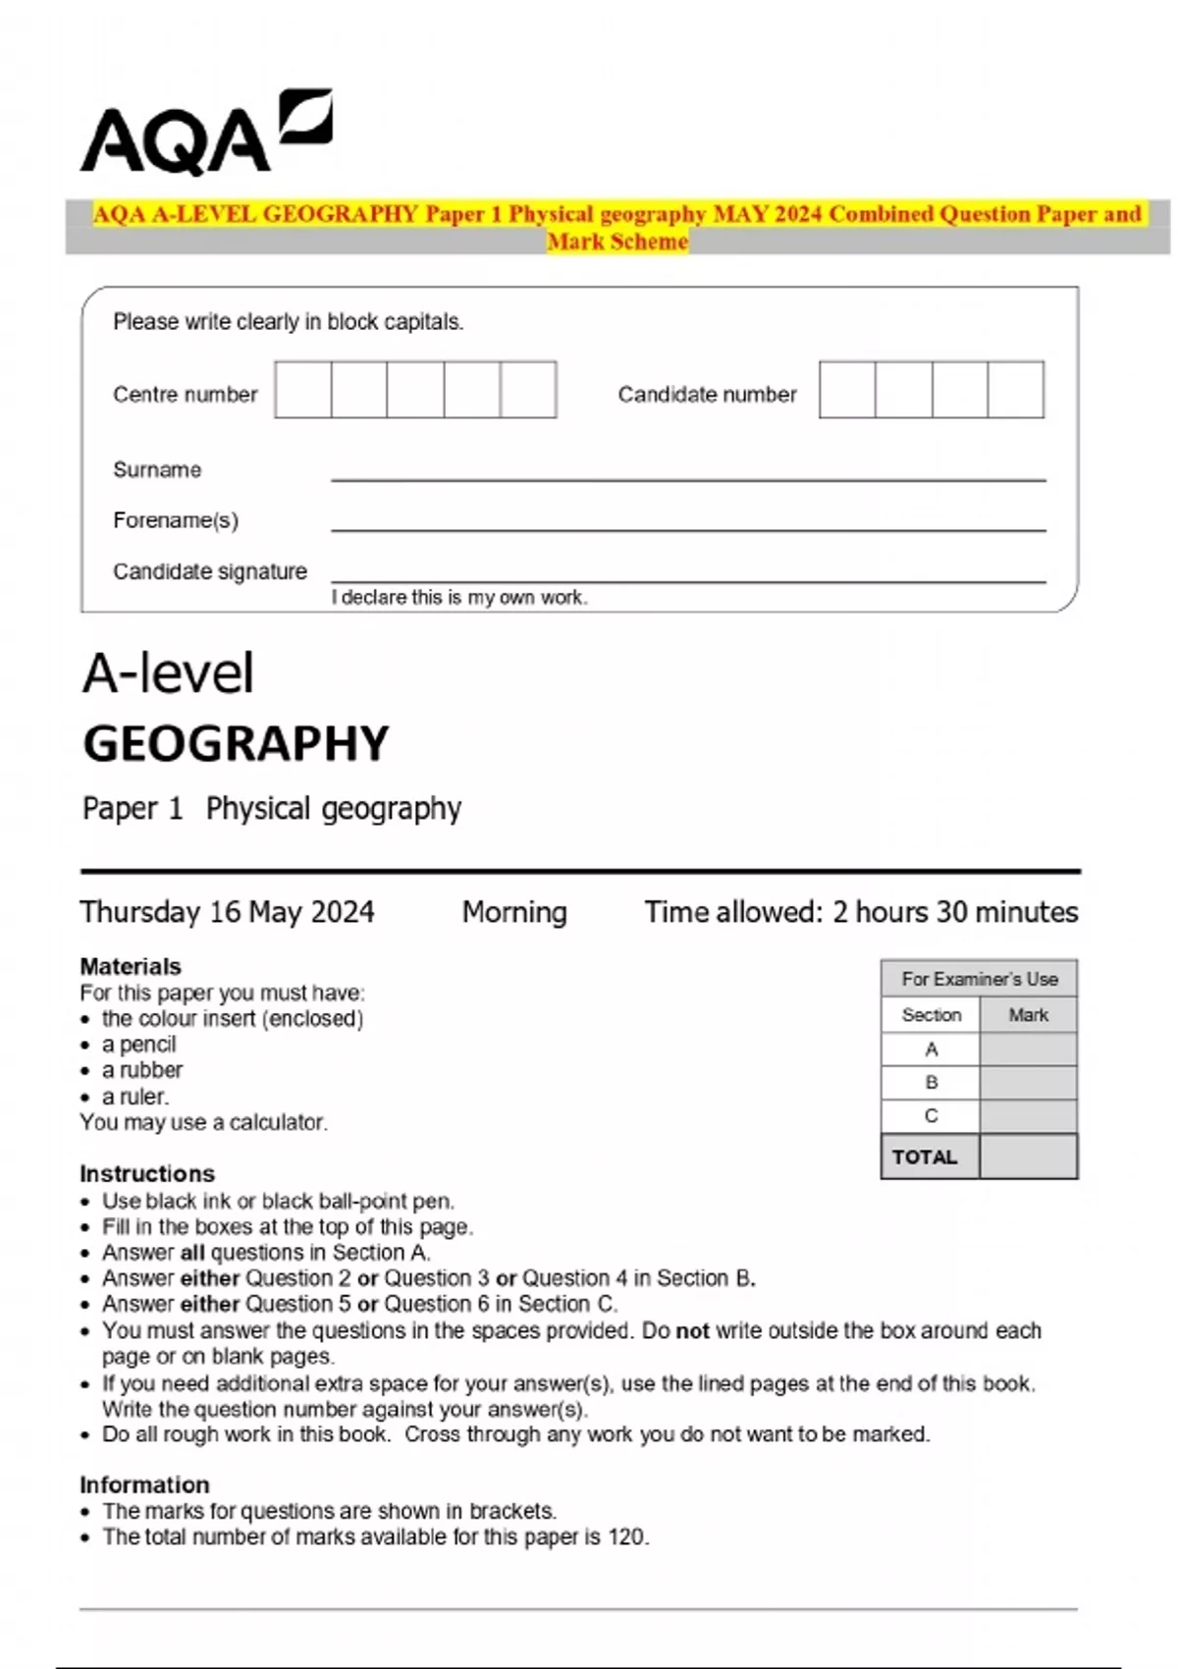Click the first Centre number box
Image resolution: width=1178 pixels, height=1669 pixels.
click(x=302, y=390)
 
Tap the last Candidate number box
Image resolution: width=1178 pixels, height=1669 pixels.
click(x=1015, y=390)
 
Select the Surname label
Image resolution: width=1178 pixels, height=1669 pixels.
click(x=157, y=470)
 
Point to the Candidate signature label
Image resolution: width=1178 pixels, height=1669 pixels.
click(x=209, y=571)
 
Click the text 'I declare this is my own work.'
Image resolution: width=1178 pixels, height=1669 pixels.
click(x=458, y=598)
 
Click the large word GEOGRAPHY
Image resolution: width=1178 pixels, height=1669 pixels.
click(x=236, y=744)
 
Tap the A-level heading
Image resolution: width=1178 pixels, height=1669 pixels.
click(x=168, y=674)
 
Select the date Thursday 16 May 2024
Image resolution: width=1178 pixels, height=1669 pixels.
click(x=227, y=912)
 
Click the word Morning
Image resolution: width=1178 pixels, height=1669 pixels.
click(x=514, y=912)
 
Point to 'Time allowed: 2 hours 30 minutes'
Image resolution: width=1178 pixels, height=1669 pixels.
click(x=861, y=912)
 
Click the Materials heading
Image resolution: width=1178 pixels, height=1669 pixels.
click(x=131, y=966)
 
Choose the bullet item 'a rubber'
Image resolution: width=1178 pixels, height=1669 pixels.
click(x=141, y=1070)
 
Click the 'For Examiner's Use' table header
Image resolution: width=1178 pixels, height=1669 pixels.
click(x=979, y=979)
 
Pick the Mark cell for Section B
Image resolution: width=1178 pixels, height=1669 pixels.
click(x=1028, y=1082)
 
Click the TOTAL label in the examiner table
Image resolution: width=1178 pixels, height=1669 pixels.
click(x=924, y=1157)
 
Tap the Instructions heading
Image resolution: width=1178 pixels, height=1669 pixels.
click(x=147, y=1173)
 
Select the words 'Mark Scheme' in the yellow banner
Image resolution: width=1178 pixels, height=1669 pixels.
click(x=617, y=242)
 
